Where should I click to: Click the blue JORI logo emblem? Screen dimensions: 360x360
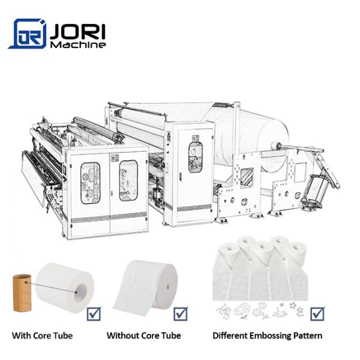28,34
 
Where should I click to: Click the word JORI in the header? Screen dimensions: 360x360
77,32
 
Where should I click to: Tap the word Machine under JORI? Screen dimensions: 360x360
78,44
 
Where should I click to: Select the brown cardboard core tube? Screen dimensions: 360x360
22,293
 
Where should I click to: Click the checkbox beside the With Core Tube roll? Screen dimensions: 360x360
94,314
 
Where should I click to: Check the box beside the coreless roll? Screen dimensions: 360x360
181,314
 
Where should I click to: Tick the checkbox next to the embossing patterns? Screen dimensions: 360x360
317,314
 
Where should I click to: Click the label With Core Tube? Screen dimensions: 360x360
42,335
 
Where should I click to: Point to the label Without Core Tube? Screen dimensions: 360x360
144,335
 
